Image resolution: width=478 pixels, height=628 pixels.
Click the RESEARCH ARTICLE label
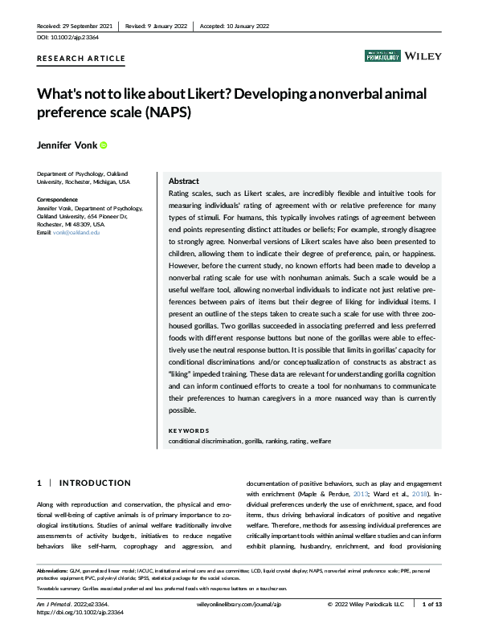(81, 59)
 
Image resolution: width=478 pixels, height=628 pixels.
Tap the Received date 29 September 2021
(74, 25)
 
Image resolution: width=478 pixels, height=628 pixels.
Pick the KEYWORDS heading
(189, 430)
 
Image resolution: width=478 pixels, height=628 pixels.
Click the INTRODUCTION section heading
(95, 483)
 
